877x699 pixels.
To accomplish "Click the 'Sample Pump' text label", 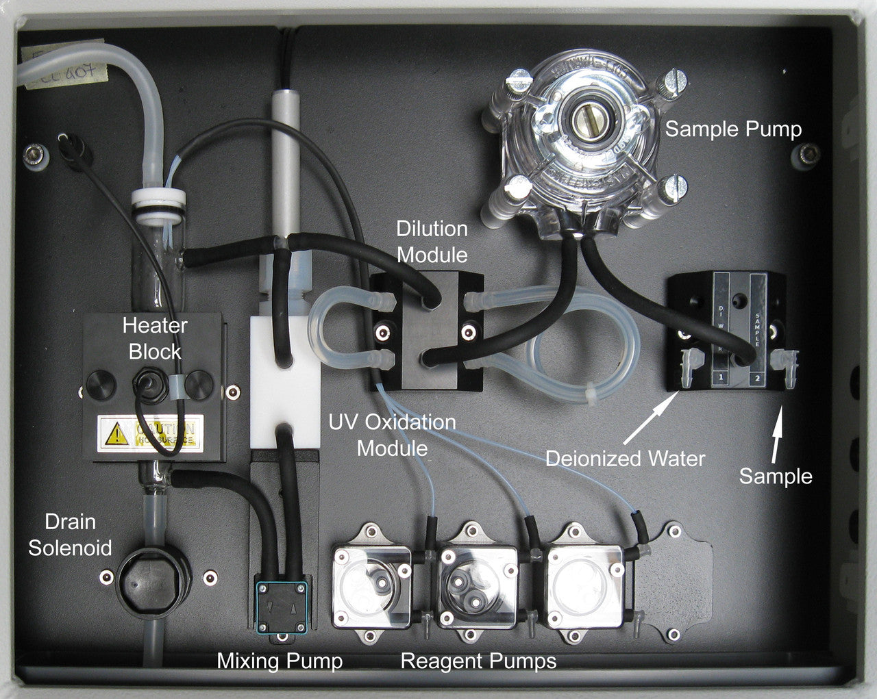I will (733, 129).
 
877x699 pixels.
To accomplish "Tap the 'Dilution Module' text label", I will (432, 242).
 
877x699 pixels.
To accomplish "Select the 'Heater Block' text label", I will (155, 338).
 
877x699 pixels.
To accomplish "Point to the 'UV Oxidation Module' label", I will (392, 435).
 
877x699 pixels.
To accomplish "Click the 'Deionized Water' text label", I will (625, 458).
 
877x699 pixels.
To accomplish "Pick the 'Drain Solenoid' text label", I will (70, 535).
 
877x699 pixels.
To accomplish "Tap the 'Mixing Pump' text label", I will (280, 661).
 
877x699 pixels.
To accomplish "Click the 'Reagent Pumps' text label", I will (478, 661).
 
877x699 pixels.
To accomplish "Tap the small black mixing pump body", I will (281, 606).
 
